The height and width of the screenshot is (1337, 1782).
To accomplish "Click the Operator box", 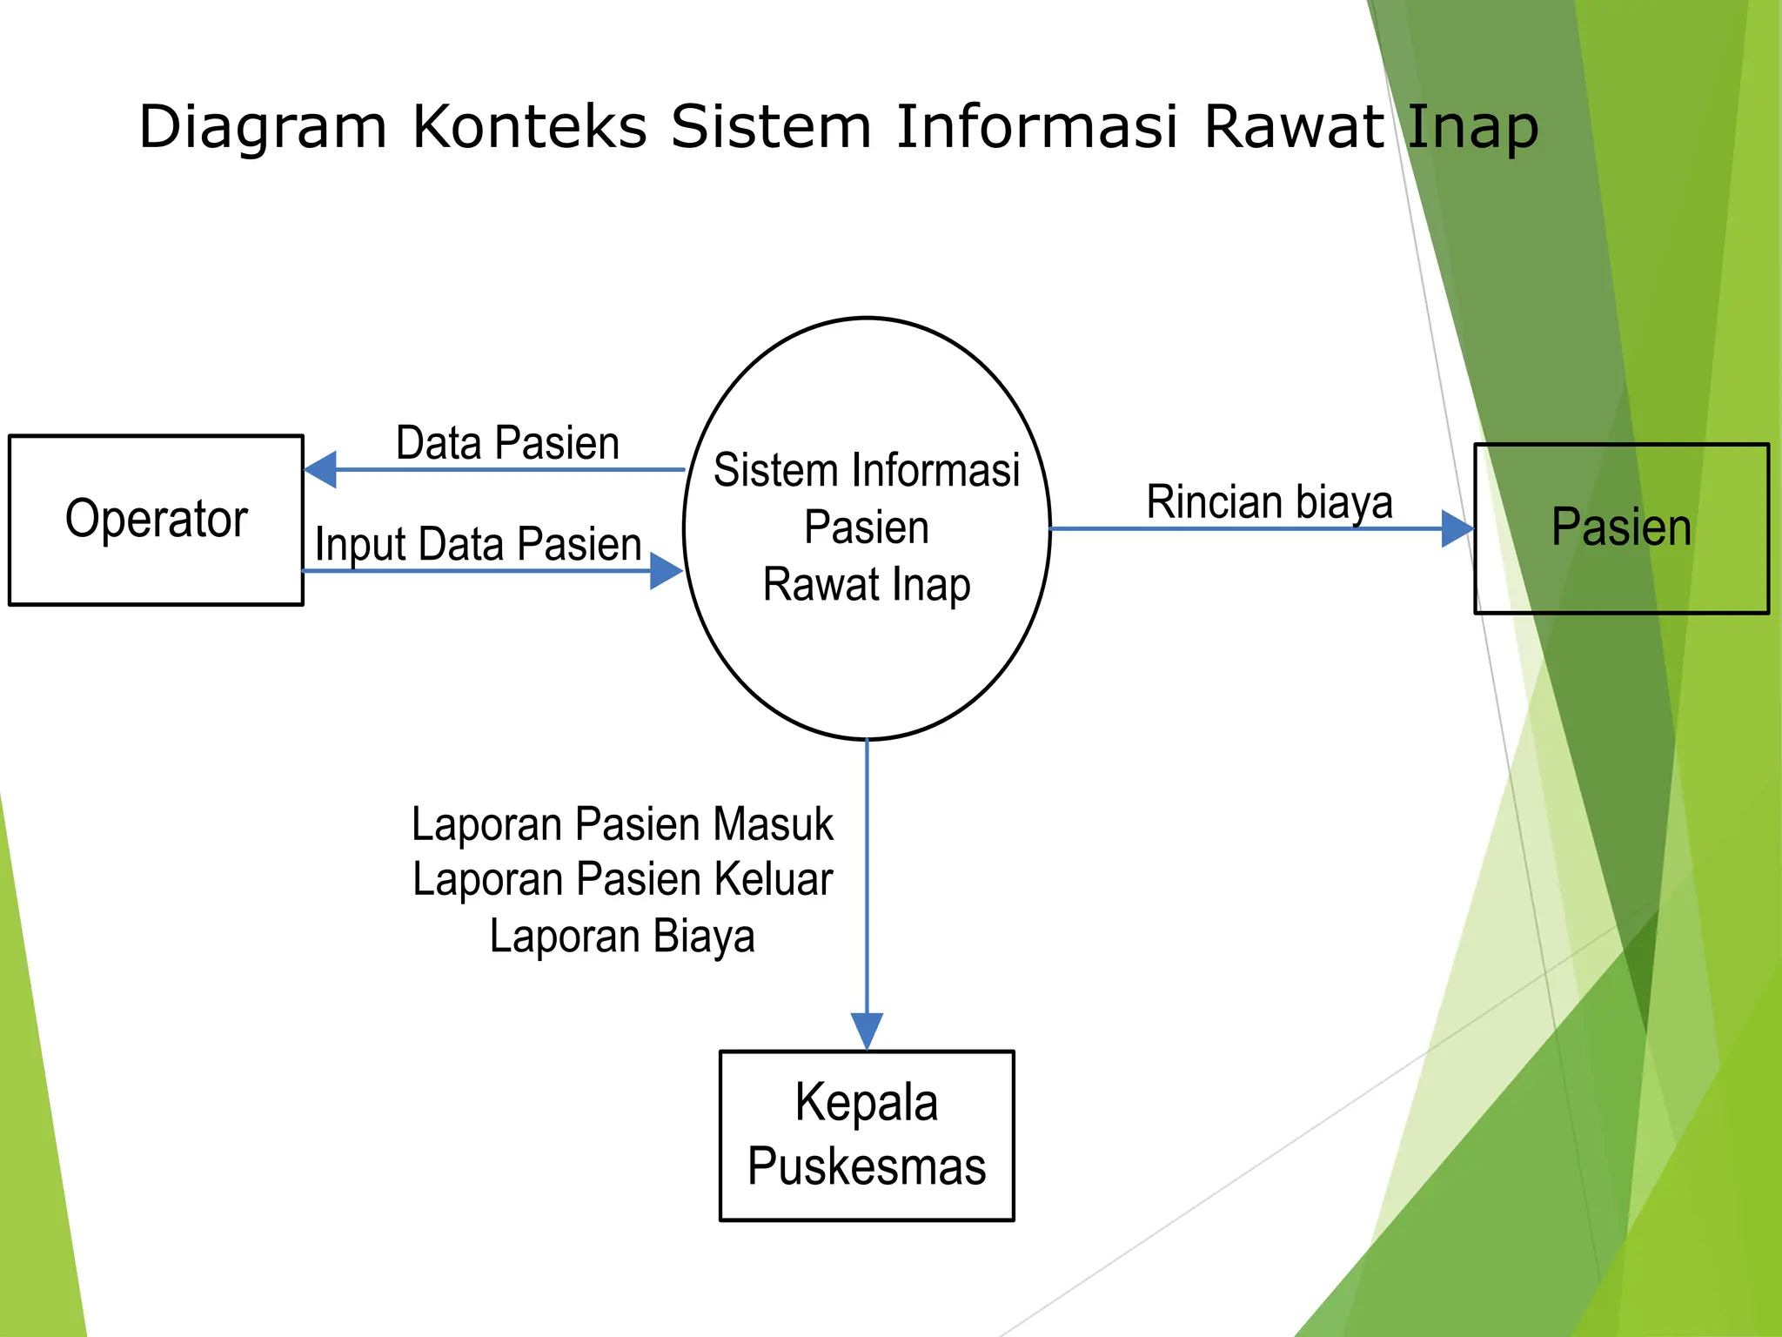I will pos(156,520).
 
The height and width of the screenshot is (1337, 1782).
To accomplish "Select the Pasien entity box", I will pos(1621,528).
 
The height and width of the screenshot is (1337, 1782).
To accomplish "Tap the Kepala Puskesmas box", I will pos(867,1135).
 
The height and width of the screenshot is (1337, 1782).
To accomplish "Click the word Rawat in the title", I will pos(1293,127).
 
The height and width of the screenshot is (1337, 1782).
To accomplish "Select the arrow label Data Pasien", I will pos(507,443).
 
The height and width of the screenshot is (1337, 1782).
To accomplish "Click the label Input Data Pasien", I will pos(478,545).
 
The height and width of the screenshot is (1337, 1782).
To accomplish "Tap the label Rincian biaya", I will pos(1270,502).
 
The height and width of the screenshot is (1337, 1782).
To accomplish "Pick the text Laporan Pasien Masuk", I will pos(622,824).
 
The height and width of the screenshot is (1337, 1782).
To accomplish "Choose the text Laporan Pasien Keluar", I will pos(622,879).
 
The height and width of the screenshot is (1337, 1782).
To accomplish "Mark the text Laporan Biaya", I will pos(622,937).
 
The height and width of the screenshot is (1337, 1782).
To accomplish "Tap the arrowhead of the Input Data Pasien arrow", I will pos(666,571).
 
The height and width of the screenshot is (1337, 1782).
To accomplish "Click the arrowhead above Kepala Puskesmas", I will pos(867,1031).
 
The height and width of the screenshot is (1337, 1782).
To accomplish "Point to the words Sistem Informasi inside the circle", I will pos(867,471).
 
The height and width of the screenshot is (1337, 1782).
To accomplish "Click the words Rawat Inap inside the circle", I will pos(867,585).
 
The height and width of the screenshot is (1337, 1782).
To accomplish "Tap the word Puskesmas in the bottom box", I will pos(867,1167).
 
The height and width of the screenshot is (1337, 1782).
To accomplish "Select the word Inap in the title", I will pos(1472,127).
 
